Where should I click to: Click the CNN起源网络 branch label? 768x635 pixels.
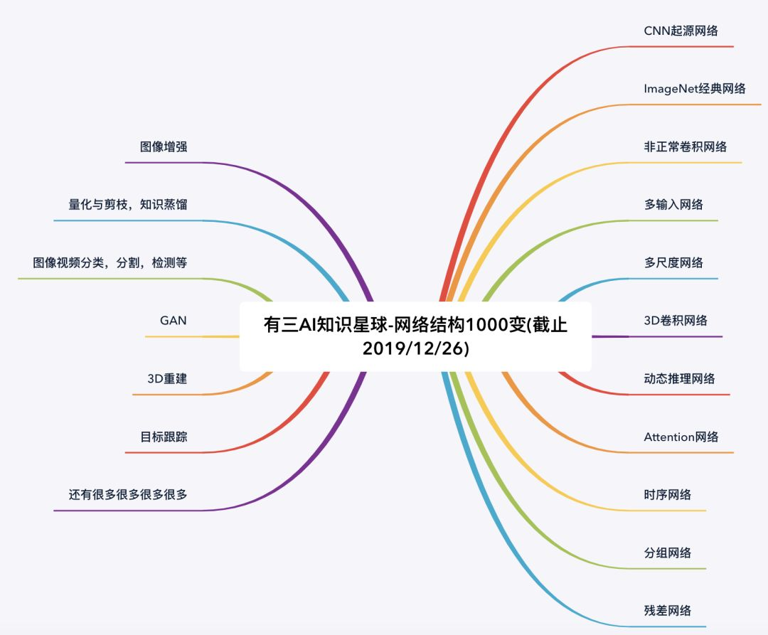(x=681, y=31)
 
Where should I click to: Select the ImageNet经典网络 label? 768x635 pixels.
(x=694, y=89)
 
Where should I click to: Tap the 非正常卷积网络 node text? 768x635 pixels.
(x=685, y=146)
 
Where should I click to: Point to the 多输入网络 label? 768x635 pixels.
(x=673, y=205)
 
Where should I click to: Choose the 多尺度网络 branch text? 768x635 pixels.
(x=673, y=262)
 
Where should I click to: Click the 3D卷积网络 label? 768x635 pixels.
(x=676, y=321)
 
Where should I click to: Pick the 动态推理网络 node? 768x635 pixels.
(x=679, y=378)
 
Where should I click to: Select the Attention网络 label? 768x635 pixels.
(x=681, y=437)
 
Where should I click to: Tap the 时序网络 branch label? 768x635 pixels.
(x=667, y=495)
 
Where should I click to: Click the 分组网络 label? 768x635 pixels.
(x=667, y=553)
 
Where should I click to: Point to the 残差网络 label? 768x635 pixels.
(x=667, y=611)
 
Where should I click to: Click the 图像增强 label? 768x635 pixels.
(x=164, y=147)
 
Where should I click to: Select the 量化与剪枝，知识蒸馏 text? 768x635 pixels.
(x=128, y=205)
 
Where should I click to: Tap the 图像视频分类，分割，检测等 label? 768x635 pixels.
(x=110, y=263)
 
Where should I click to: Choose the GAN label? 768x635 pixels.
(x=174, y=321)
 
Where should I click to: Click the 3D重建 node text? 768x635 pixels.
(x=167, y=379)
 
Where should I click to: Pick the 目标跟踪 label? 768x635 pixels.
(x=164, y=437)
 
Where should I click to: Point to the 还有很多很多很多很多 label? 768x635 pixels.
(x=128, y=495)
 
